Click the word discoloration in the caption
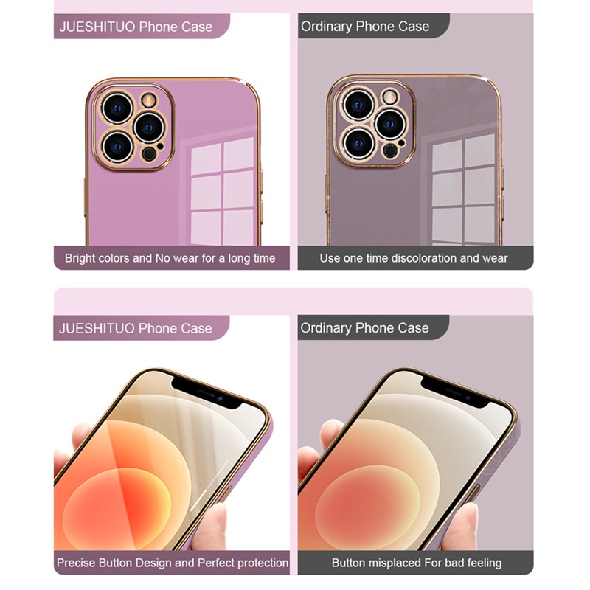pyautogui.click(x=421, y=258)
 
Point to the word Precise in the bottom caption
pyautogui.click(x=77, y=563)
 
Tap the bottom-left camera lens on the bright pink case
pyautogui.click(x=117, y=145)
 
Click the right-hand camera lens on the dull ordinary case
pyautogui.click(x=388, y=123)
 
